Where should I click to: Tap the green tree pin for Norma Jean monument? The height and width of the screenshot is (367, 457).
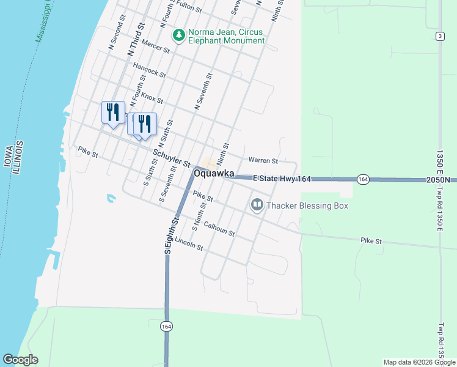tap(179, 35)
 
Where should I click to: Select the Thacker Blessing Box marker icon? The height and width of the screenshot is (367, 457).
tap(257, 205)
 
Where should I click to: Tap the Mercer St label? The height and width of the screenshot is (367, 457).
tap(155, 48)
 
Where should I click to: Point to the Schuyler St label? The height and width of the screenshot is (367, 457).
tap(172, 157)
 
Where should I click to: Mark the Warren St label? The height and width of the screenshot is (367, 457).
tap(263, 161)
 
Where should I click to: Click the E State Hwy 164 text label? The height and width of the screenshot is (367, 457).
tap(282, 178)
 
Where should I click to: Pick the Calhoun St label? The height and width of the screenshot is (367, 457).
tap(219, 228)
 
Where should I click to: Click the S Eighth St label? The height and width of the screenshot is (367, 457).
tap(171, 235)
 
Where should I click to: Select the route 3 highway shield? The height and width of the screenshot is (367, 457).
tap(439, 37)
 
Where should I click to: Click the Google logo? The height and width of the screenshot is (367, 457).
tap(21, 360)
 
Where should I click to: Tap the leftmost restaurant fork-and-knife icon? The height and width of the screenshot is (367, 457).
tap(112, 112)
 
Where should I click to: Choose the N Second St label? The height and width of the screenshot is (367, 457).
tap(118, 36)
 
